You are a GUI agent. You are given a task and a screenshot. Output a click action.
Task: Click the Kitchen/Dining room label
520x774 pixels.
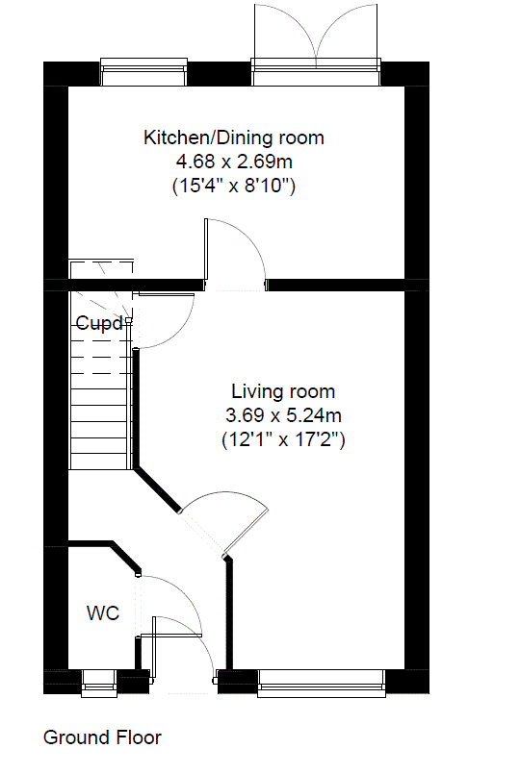(234, 137)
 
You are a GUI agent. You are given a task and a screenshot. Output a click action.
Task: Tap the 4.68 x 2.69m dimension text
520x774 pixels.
(234, 162)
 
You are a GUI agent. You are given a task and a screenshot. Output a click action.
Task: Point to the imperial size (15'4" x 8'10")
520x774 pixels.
(234, 186)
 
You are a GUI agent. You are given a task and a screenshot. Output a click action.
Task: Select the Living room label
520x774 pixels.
(283, 391)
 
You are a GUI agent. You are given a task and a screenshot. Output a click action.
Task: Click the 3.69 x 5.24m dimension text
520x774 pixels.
(283, 415)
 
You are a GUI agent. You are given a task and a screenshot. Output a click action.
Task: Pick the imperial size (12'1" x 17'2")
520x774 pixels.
(283, 438)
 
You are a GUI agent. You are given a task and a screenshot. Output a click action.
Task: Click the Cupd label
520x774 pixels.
(99, 323)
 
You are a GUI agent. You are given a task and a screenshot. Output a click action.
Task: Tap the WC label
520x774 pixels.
(103, 613)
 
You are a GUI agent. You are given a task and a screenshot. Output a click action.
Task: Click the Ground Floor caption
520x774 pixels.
(102, 737)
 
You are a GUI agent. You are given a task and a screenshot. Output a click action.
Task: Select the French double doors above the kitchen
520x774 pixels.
(316, 44)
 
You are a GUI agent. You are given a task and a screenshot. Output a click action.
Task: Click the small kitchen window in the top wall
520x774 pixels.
(143, 71)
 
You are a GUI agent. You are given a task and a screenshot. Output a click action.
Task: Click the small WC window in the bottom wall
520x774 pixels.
(99, 684)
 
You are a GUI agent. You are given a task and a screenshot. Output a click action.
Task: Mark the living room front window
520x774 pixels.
(322, 684)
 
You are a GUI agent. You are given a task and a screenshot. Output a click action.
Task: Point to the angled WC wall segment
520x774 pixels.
(125, 557)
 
